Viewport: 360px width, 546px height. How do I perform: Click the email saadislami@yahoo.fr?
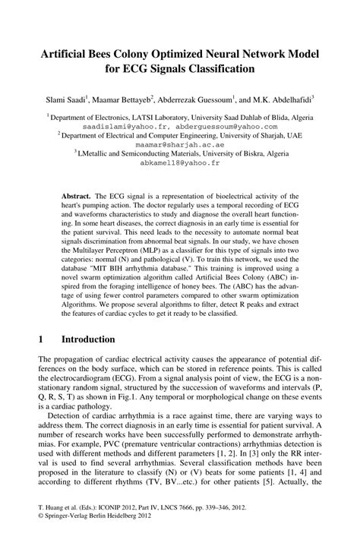click(x=125, y=127)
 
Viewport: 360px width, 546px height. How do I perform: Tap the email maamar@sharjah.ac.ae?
click(x=180, y=143)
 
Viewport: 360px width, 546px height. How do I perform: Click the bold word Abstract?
click(x=77, y=195)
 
